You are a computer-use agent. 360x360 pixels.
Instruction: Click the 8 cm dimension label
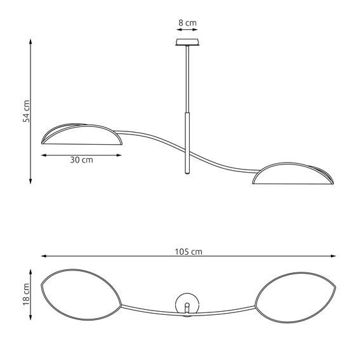point(187,23)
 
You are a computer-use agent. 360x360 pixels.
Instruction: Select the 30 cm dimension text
point(81,160)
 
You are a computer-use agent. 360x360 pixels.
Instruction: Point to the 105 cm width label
point(189,251)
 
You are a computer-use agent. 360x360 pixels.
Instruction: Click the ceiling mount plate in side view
point(187,43)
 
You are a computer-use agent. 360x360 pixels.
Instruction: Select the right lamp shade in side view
point(292,175)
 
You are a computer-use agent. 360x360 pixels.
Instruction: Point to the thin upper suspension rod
point(187,79)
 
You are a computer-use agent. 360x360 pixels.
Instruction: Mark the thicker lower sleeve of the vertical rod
point(187,143)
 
